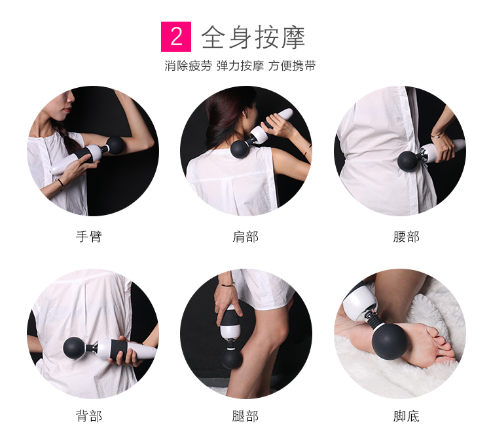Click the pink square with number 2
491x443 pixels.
pos(176,37)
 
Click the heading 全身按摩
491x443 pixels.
pos(253,37)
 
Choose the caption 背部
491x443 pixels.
pos(89,416)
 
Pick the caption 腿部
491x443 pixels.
pos(245,416)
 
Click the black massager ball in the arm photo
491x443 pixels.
pos(115,145)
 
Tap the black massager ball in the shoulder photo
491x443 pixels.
pos(240,148)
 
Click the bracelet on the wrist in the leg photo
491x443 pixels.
pos(227,284)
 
